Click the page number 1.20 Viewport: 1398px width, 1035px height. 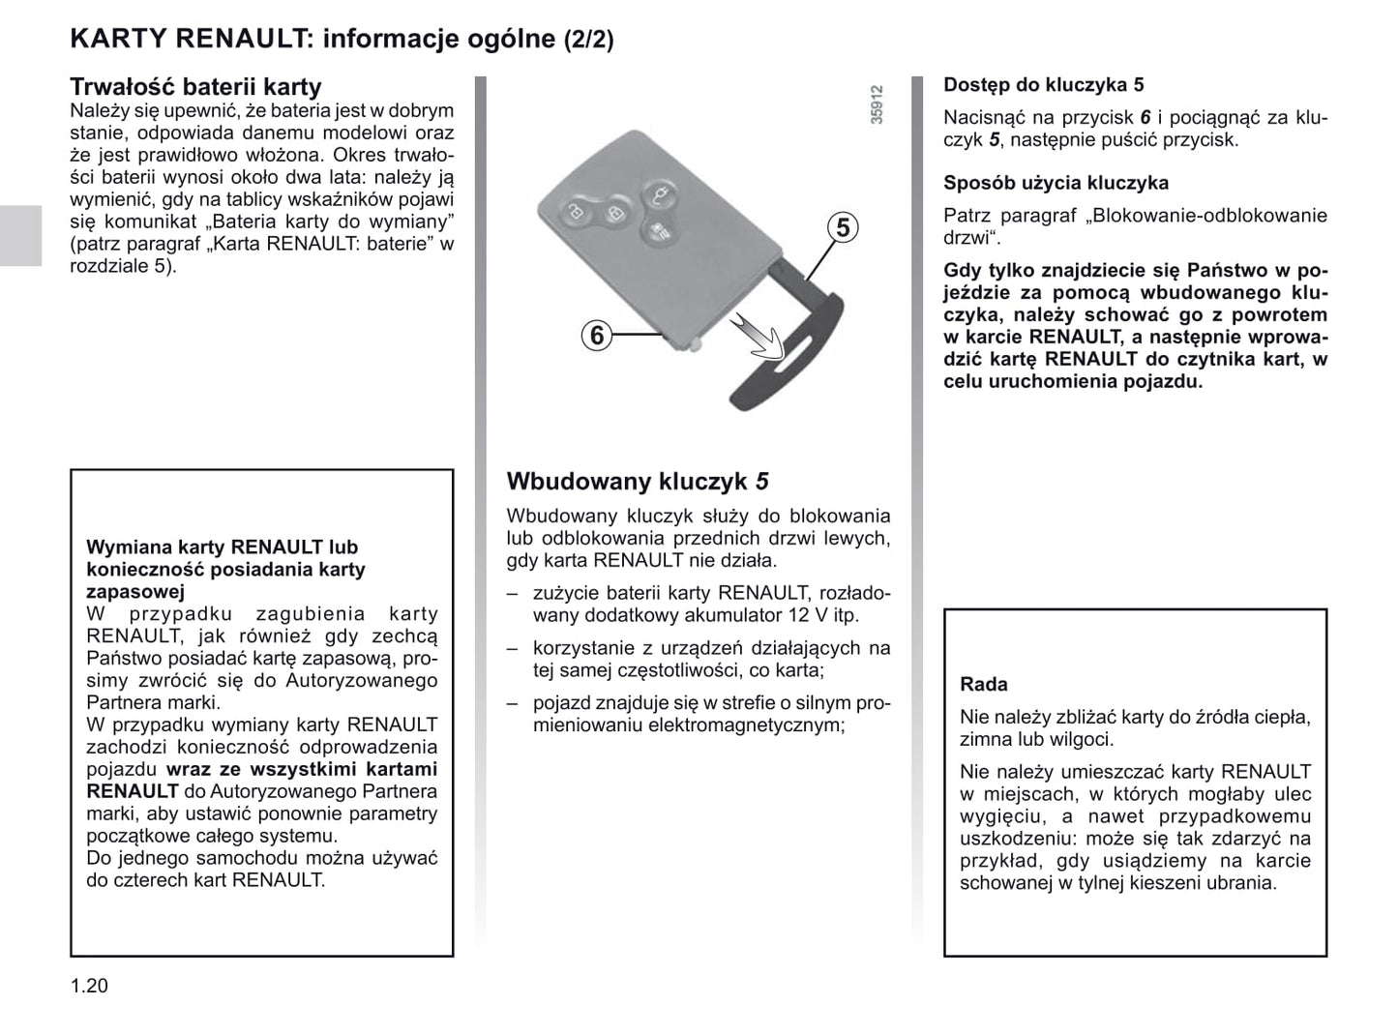tap(89, 986)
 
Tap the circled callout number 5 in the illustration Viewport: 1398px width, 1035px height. tap(844, 228)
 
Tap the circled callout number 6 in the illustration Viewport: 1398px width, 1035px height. tap(597, 336)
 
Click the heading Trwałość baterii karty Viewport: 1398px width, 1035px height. tap(195, 87)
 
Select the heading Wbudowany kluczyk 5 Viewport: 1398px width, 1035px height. tap(638, 481)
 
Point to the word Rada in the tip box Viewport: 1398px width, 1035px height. tap(983, 684)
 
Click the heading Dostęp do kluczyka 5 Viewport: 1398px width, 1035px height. tap(1043, 85)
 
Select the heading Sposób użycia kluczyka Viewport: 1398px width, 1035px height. tap(1056, 183)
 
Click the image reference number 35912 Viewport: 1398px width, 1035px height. tap(877, 104)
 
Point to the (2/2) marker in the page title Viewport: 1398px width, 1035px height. tap(588, 40)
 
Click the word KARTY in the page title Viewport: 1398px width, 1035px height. tap(117, 39)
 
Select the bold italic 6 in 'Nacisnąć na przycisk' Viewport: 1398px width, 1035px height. tap(1145, 118)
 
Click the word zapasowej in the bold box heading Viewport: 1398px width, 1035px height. tap(134, 592)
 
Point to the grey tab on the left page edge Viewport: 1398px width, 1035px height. tap(20, 235)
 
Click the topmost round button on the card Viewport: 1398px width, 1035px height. tap(660, 194)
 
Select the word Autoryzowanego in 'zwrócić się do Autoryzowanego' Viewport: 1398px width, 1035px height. tap(363, 680)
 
